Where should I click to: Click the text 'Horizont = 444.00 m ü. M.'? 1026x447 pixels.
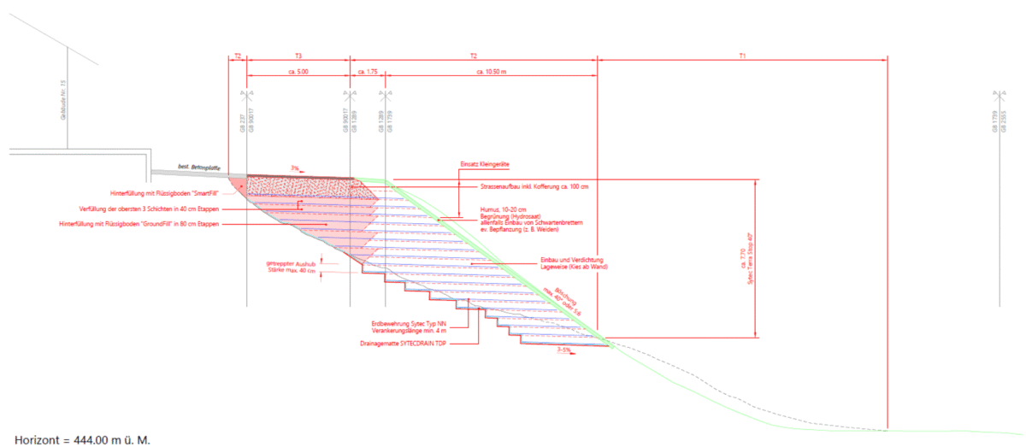click(82, 439)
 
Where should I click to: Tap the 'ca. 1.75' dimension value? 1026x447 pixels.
click(368, 73)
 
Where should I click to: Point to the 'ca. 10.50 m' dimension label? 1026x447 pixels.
click(492, 73)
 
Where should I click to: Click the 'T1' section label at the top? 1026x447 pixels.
click(742, 56)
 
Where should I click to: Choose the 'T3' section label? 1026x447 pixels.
click(298, 56)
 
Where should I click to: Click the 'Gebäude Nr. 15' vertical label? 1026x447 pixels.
click(63, 100)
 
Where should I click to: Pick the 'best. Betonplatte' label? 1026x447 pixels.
click(198, 167)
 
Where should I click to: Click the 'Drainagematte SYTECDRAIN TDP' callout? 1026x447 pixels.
click(404, 343)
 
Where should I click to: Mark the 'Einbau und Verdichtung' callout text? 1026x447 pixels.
click(572, 259)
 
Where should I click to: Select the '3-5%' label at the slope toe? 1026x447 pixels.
click(563, 350)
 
